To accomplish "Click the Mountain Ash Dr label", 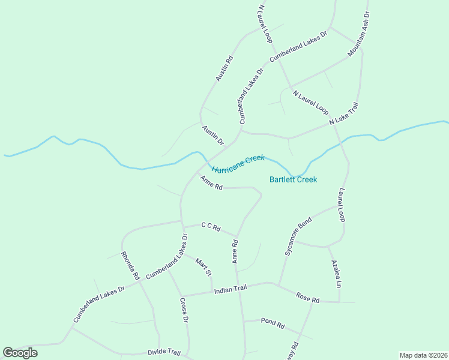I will pos(359,33).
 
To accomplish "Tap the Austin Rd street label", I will pos(224,68).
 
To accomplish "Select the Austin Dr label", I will pos(213,136).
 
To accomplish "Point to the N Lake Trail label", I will pos(344,114).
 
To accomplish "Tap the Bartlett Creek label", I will pos(293,179).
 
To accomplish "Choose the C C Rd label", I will pos(211,227).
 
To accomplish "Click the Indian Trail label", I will pos(231,290).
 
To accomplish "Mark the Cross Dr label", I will pos(184,311).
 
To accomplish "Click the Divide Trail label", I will pos(164,352).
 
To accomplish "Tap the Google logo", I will pos(20,353).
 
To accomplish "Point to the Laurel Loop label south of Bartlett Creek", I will pos(342,205).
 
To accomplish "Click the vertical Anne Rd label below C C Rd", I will pos(235,251).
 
